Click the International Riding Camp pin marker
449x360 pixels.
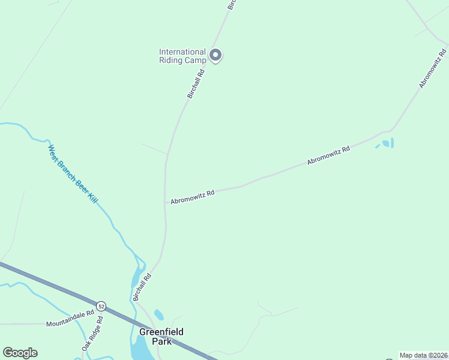(216, 56)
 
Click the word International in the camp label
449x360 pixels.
(182, 52)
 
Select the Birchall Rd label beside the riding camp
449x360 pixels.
(196, 83)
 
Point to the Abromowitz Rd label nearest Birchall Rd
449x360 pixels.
(192, 197)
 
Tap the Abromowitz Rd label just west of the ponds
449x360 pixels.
(328, 154)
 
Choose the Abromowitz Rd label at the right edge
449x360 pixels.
(433, 68)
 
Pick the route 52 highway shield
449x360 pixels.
(101, 305)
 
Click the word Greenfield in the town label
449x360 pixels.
(161, 332)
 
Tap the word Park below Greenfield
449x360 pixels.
(162, 341)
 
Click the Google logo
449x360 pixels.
(20, 353)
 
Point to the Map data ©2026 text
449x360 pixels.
(423, 355)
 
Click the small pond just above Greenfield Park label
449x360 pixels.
(159, 314)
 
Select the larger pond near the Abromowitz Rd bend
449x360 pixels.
(385, 144)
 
